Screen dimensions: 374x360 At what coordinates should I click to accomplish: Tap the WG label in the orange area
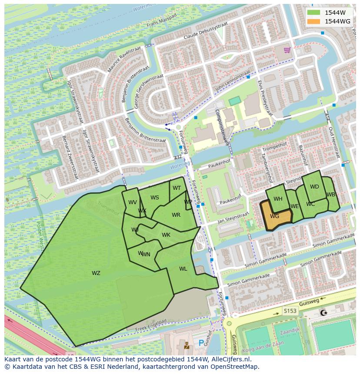pyautogui.click(x=274, y=216)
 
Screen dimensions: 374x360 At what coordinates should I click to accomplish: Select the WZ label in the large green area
pyautogui.click(x=96, y=273)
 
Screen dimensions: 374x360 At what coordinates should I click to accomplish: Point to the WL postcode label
pyautogui.click(x=183, y=269)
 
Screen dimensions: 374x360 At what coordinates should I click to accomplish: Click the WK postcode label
pyautogui.click(x=166, y=235)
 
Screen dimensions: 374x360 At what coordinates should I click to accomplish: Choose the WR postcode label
pyautogui.click(x=176, y=215)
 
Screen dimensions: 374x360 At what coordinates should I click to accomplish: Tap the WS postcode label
pyautogui.click(x=155, y=198)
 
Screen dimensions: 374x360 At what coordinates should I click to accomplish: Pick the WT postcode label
pyautogui.click(x=177, y=188)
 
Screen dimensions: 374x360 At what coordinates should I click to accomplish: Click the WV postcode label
pyautogui.click(x=133, y=202)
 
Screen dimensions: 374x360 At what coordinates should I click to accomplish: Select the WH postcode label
pyautogui.click(x=278, y=199)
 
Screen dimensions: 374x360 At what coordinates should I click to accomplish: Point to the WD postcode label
pyautogui.click(x=314, y=187)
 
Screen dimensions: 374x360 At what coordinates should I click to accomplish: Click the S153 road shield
pyautogui.click(x=290, y=311)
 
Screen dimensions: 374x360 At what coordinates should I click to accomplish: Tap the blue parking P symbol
pyautogui.click(x=201, y=343)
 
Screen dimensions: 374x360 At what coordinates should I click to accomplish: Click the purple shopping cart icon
pyautogui.click(x=287, y=50)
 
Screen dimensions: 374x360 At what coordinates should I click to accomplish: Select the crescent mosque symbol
pyautogui.click(x=323, y=313)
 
